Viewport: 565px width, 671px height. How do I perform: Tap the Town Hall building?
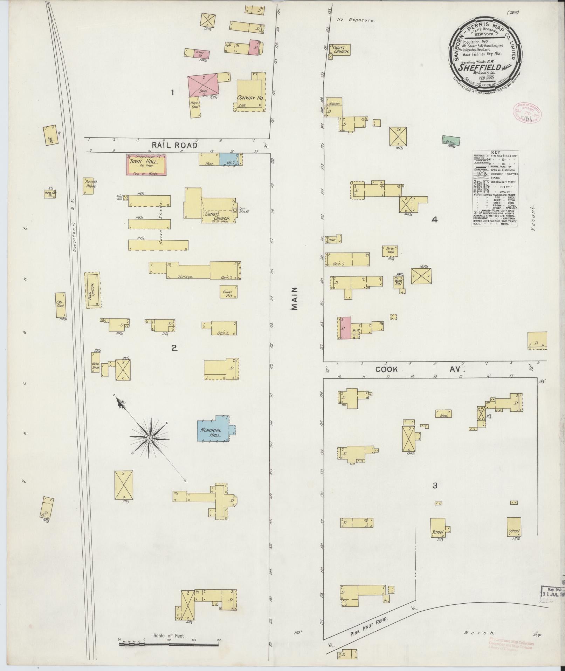tap(146, 165)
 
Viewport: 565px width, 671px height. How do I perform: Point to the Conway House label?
tap(249, 98)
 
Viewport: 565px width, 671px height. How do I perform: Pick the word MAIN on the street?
tap(294, 298)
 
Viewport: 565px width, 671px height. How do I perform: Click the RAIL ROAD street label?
tap(174, 145)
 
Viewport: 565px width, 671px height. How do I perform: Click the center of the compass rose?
tap(149, 438)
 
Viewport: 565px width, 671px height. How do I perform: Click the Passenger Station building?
tap(92, 290)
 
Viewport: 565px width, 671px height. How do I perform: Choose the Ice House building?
tap(50, 135)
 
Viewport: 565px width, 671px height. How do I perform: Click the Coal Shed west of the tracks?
tap(60, 305)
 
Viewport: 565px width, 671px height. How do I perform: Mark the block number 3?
tap(435, 485)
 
